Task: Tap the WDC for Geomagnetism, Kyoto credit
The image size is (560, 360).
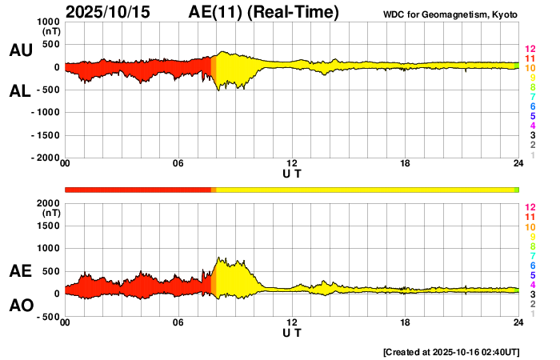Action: [451, 13]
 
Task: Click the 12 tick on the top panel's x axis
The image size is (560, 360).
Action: [292, 164]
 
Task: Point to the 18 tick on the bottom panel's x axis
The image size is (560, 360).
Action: [406, 322]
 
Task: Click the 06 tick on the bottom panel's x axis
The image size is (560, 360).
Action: [178, 322]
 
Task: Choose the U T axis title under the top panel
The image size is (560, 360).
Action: [292, 174]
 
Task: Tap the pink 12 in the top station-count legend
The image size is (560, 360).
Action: [529, 49]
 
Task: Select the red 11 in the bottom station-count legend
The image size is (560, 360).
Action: [529, 217]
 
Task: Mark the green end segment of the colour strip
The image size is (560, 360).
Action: [517, 190]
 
